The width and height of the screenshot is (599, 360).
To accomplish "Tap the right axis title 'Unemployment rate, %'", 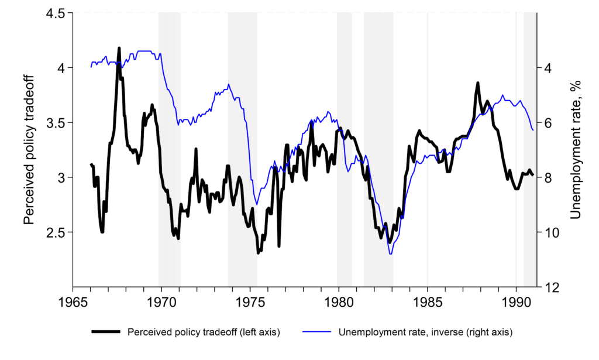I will [576, 150].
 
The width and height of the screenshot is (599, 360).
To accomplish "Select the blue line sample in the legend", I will [318, 332].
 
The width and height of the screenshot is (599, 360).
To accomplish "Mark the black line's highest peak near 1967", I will [119, 48].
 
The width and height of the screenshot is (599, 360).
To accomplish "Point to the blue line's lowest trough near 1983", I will [390, 253].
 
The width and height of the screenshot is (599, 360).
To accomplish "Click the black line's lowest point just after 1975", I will [258, 253].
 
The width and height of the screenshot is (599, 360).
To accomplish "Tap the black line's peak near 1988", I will [477, 83].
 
